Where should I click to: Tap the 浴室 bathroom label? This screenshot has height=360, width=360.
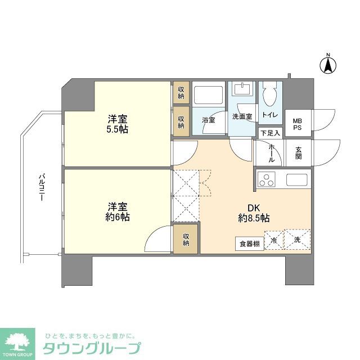(x=209, y=119)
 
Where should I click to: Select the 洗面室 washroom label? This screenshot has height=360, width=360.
(x=242, y=116)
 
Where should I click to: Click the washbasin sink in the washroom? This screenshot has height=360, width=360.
(x=243, y=90)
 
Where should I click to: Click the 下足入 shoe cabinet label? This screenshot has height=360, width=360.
(x=269, y=133)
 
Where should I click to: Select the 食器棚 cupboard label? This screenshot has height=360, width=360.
(x=249, y=244)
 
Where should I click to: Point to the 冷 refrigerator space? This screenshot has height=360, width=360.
(x=273, y=240)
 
